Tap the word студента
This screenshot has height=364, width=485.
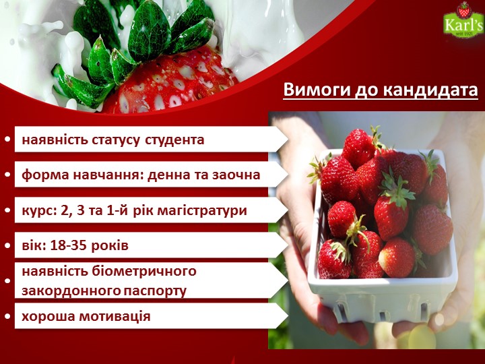174,140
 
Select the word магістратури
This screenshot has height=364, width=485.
202,211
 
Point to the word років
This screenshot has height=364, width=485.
109,246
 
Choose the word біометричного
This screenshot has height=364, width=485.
144,272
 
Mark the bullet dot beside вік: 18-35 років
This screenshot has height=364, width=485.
7,246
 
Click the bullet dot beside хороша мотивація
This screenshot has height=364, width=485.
7,316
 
